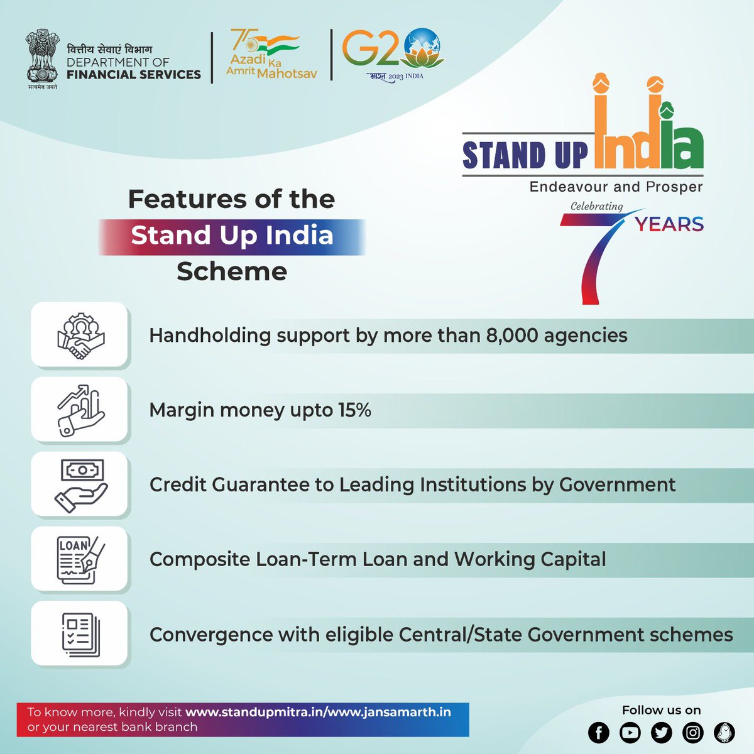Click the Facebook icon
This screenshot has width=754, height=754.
[x=598, y=732]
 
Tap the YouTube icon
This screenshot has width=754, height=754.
[x=630, y=732]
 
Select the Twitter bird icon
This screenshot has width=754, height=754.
[x=661, y=732]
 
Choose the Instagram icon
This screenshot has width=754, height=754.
[x=693, y=732]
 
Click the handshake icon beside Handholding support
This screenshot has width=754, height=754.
[x=80, y=336]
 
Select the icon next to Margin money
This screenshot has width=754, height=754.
[x=80, y=410]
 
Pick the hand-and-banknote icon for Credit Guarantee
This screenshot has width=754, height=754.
[x=80, y=485]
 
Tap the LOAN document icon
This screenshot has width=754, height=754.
[x=80, y=559]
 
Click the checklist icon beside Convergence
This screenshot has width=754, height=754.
[x=80, y=634]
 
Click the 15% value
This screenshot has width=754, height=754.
[x=354, y=410]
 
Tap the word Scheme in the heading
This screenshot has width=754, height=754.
[x=232, y=271]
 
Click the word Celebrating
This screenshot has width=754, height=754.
[x=596, y=206]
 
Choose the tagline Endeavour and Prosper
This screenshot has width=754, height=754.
[x=616, y=187]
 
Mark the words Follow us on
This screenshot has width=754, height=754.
[x=661, y=710]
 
